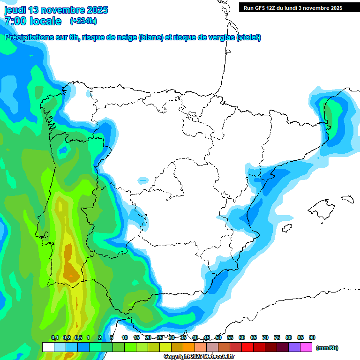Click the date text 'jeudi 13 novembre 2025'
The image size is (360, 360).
pyautogui.click(x=56, y=10)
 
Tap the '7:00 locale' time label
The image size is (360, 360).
pyautogui.click(x=33, y=21)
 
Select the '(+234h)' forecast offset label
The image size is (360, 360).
pyautogui.click(x=83, y=21)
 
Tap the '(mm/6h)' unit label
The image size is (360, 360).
pyautogui.click(x=327, y=348)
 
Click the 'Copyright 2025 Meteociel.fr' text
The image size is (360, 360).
pyautogui.click(x=199, y=357)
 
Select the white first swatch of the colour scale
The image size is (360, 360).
pyautogui.click(x=48, y=347)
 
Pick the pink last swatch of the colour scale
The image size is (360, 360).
pyautogui.click(x=306, y=347)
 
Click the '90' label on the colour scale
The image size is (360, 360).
pyautogui.click(x=312, y=337)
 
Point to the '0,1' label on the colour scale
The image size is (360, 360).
pyautogui.click(x=55, y=337)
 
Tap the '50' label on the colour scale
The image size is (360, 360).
pyautogui.click(x=218, y=337)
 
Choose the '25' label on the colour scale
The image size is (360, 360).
pyautogui.click(x=160, y=337)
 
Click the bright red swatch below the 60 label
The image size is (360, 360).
pyautogui.click(x=247, y=347)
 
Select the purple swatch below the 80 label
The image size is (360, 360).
pyautogui.click(x=294, y=347)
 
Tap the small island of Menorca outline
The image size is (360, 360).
pyautogui.click(x=347, y=199)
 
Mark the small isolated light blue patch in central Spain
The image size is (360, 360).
pyautogui.click(x=143, y=180)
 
